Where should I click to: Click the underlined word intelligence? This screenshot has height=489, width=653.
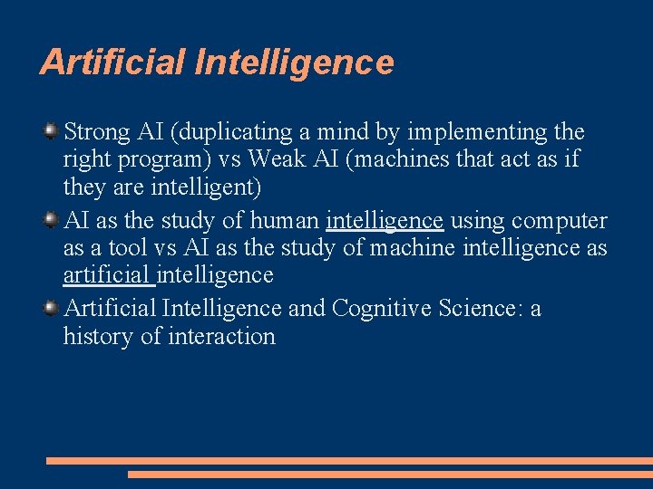click(x=385, y=221)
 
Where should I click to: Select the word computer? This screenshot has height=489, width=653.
click(x=559, y=221)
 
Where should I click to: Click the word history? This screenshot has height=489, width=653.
click(x=94, y=337)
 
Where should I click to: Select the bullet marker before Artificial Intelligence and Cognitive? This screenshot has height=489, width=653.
click(x=52, y=309)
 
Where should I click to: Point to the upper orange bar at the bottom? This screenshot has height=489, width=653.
click(x=349, y=460)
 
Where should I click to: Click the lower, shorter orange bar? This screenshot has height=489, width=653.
click(x=390, y=474)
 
